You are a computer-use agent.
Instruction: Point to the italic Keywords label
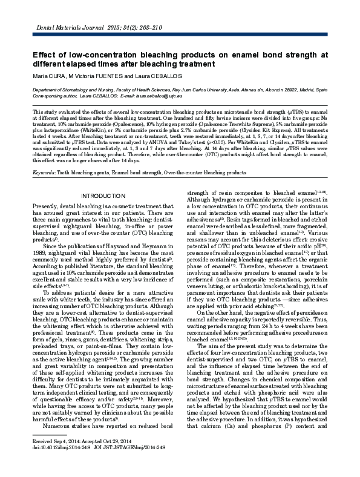tap(44, 173)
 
